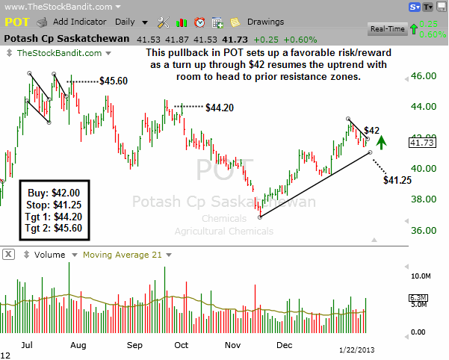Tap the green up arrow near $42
(382, 141)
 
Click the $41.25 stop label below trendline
(396, 180)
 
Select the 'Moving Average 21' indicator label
(123, 255)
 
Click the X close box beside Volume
(9, 255)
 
